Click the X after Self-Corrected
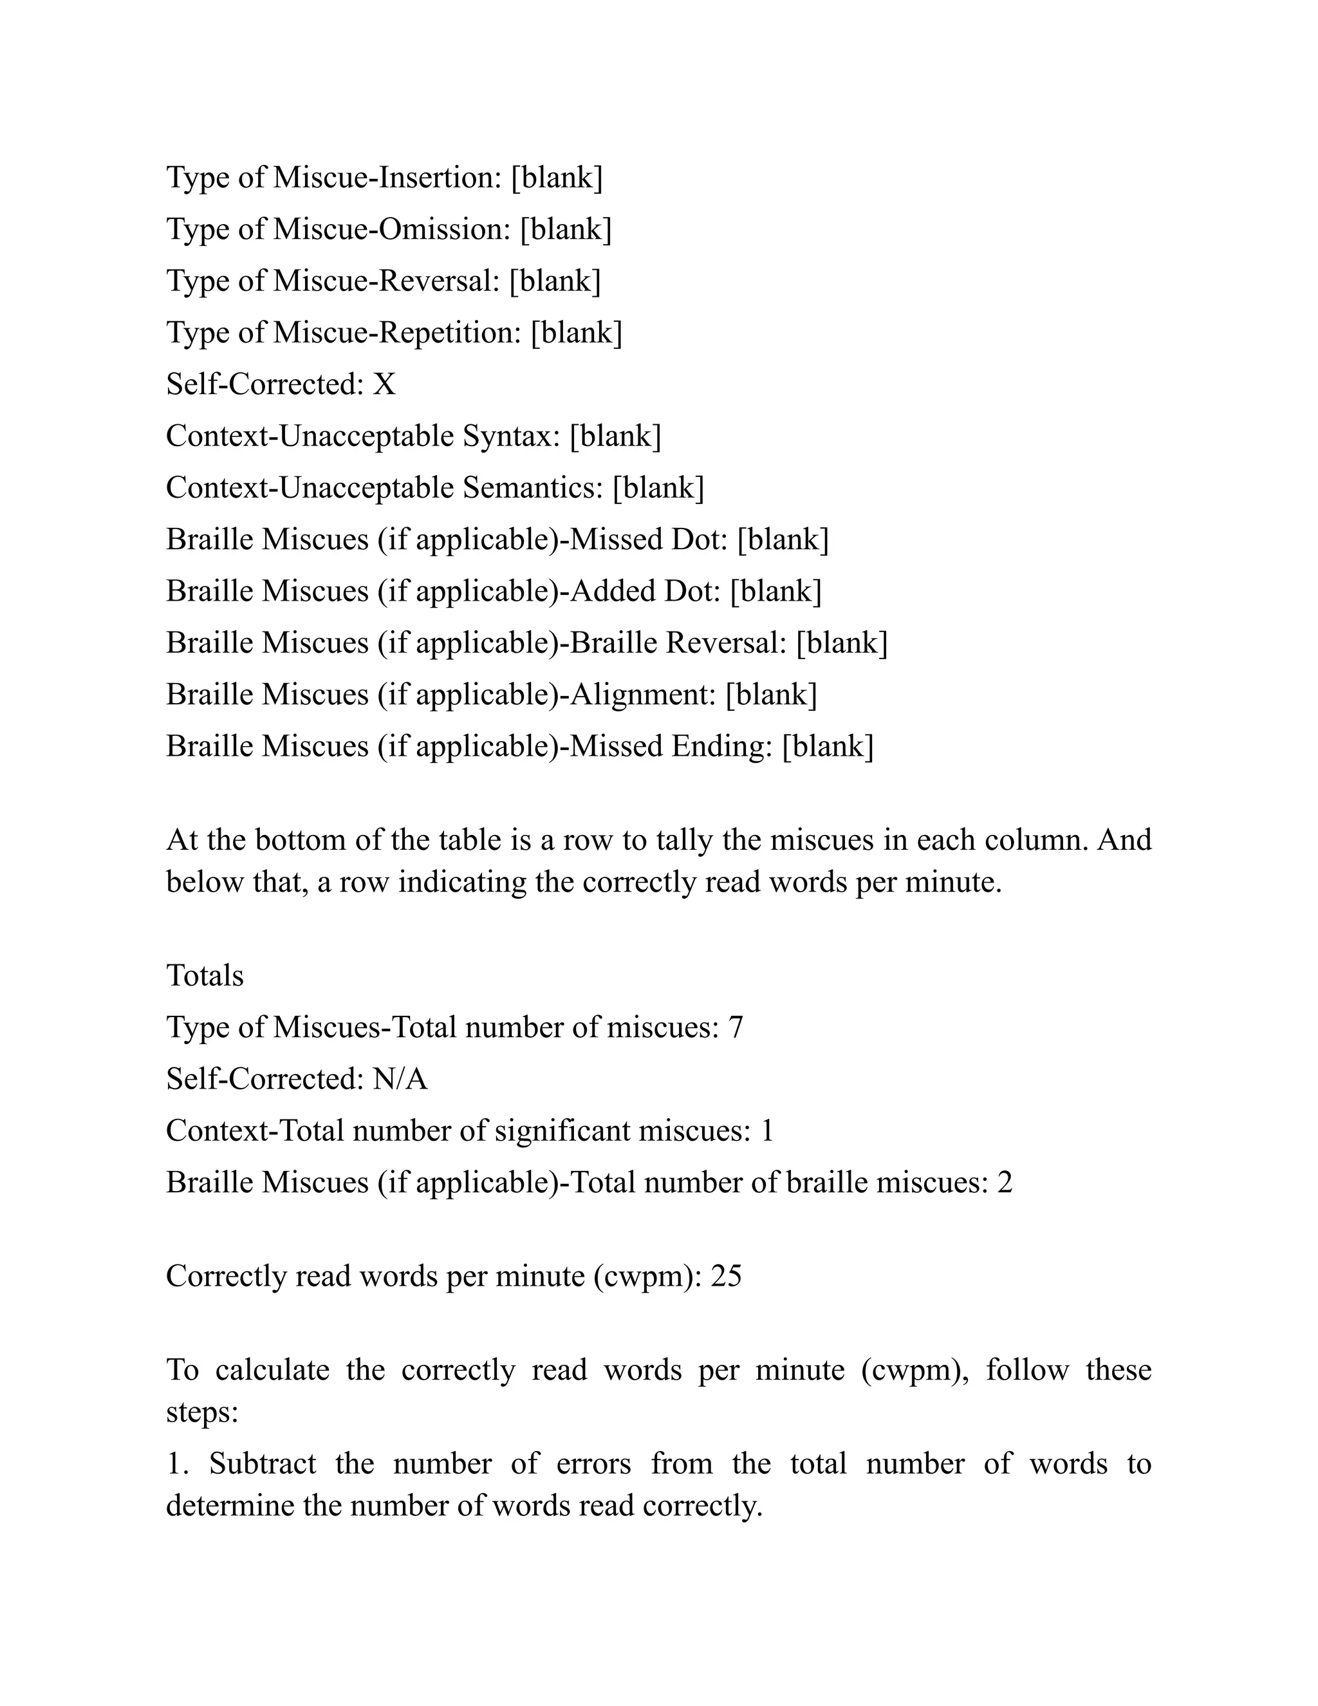click(384, 384)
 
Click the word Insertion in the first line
click(438, 178)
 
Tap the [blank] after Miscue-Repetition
click(576, 333)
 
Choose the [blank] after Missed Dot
click(783, 539)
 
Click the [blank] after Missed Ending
click(828, 746)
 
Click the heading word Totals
click(205, 975)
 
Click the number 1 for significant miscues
click(766, 1130)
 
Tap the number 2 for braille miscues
click(1005, 1182)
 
